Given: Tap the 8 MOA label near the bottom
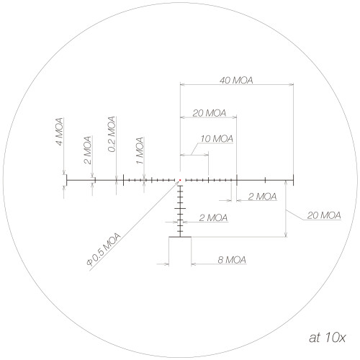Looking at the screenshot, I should (231, 259).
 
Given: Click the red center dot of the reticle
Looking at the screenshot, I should (180, 180).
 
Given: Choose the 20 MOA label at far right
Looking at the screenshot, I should (323, 215).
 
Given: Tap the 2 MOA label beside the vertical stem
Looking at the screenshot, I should (212, 217).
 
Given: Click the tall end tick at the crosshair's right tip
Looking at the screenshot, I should (294, 180).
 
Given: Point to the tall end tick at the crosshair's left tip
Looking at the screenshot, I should (66, 180).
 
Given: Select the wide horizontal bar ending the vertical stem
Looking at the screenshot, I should (180, 237).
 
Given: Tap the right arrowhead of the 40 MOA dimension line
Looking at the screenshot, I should (292, 85).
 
